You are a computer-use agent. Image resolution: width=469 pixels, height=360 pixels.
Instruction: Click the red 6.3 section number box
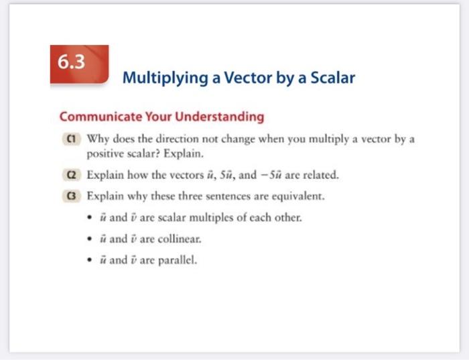pos(79,65)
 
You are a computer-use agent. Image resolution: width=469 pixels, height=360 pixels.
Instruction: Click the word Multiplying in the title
pos(158,78)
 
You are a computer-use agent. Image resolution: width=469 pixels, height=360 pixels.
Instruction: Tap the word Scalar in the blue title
pos(332,78)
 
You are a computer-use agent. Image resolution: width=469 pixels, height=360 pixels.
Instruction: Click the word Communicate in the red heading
pos(97,117)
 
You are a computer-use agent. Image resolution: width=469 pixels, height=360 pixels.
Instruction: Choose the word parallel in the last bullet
pos(178,261)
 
